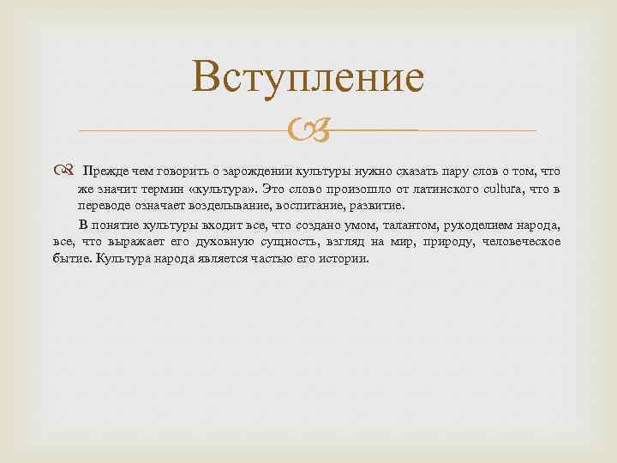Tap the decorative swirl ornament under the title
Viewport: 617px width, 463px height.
click(x=308, y=131)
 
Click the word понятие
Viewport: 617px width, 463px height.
click(x=121, y=225)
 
